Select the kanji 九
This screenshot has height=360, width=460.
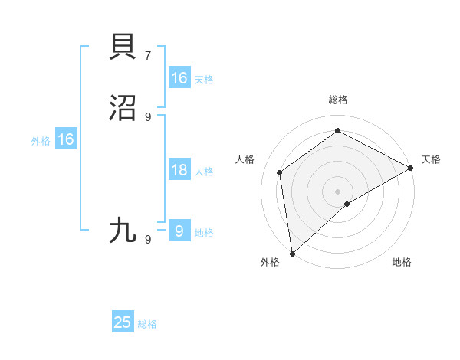click(124, 230)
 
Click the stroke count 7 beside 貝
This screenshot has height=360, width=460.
click(148, 56)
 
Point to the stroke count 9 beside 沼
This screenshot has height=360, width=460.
click(148, 116)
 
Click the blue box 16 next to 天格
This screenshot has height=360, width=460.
click(179, 78)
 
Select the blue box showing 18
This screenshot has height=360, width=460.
click(179, 170)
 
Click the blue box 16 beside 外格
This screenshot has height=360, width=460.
click(66, 139)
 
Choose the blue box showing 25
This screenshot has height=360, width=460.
click(123, 322)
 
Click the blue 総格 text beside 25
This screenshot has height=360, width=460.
click(147, 324)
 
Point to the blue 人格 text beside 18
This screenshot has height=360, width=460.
click(204, 172)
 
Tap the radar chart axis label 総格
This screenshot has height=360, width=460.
click(338, 100)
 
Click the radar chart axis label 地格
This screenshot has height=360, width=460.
click(402, 263)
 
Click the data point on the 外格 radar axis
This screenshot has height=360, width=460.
click(292, 253)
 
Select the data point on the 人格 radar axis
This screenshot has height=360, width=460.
click(280, 172)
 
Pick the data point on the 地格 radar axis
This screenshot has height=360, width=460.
click(347, 204)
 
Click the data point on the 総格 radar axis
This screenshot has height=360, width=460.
click(338, 131)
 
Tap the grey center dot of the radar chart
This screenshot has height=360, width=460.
click(338, 191)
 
